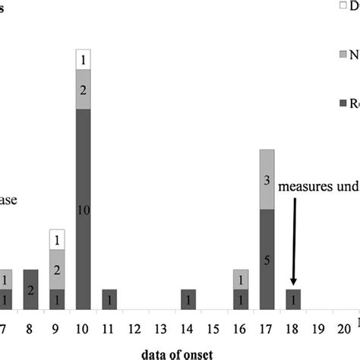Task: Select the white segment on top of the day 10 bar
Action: [x=83, y=59]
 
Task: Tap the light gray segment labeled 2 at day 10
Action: [x=83, y=89]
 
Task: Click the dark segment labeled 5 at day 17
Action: [x=267, y=259]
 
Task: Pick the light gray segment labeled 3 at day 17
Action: [x=267, y=179]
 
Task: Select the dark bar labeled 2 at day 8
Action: [x=30, y=289]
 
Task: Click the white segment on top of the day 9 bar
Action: [x=57, y=239]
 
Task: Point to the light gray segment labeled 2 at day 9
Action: [x=57, y=270]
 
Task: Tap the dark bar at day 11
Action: [x=109, y=299]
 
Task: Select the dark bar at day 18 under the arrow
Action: [x=293, y=299]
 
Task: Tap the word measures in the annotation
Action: [x=302, y=186]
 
